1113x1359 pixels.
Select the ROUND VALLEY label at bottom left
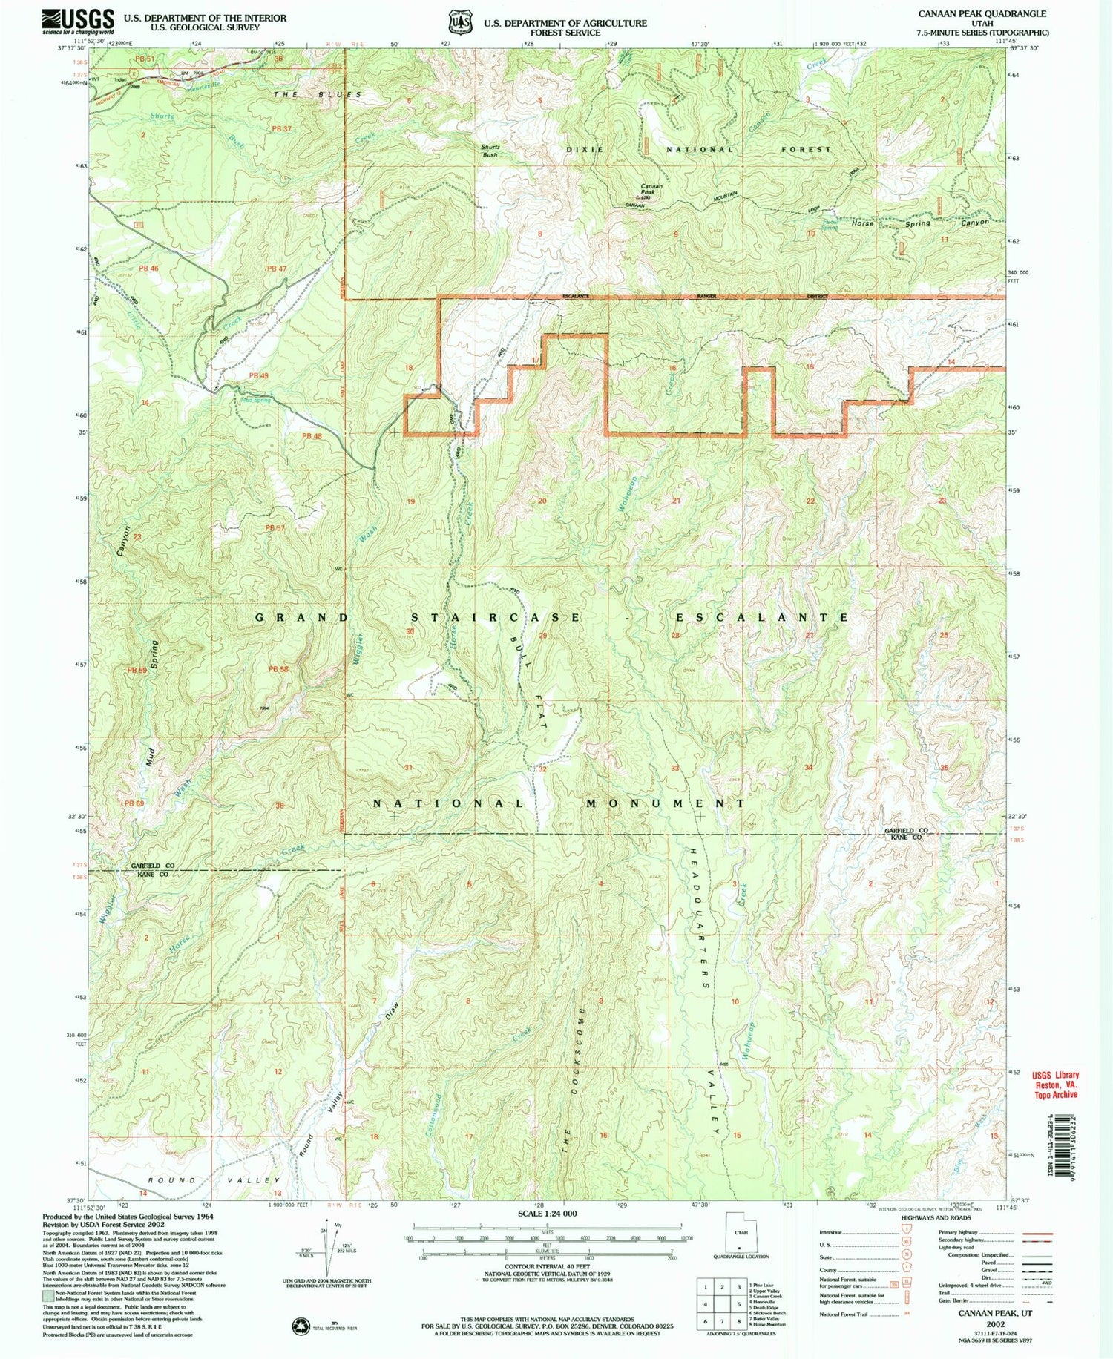[214, 1179]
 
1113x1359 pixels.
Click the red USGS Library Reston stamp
[1055, 1084]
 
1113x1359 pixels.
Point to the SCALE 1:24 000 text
[547, 1214]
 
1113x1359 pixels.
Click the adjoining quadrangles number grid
[720, 1303]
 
